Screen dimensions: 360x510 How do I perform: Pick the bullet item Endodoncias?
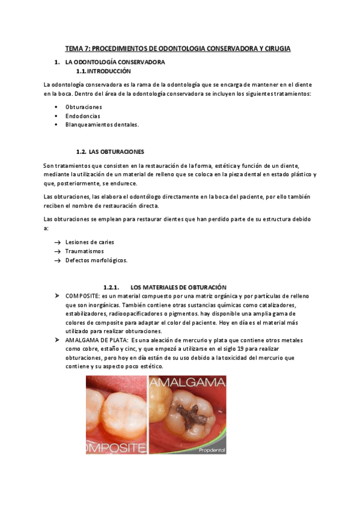83,115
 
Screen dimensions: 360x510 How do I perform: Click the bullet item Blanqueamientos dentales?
102,124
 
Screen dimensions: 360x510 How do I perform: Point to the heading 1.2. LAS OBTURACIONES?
110,152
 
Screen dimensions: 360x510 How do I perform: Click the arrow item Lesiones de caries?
90,242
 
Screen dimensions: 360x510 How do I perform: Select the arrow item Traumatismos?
85,251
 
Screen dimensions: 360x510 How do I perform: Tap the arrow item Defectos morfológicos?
96,260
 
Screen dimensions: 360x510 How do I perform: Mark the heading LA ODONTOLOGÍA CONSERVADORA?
114,62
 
